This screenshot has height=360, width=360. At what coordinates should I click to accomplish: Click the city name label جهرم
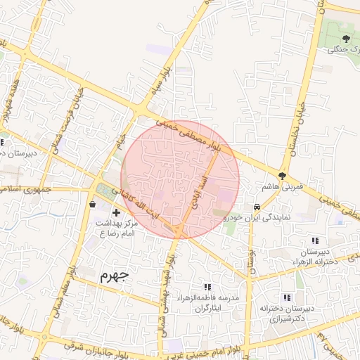click(116, 274)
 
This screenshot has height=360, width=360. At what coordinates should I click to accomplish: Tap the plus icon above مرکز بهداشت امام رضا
click(116, 212)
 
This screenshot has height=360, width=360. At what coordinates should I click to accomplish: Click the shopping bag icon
click(94, 204)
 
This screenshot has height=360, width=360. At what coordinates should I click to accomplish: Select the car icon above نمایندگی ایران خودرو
click(257, 207)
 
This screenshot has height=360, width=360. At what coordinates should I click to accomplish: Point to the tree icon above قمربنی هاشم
click(283, 175)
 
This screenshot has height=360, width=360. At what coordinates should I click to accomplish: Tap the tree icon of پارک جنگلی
click(346, 38)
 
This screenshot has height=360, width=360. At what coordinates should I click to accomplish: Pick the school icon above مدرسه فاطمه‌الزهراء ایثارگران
click(207, 287)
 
